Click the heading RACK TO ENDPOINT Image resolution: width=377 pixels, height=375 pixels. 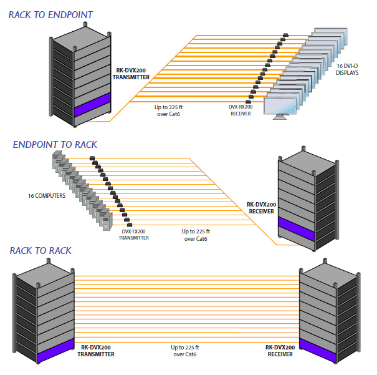coord(50,14)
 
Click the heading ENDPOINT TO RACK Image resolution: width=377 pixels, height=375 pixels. coord(55,145)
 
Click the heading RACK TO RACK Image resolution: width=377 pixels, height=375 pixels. coord(41,251)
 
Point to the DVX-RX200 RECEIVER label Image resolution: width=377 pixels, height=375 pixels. coord(240,110)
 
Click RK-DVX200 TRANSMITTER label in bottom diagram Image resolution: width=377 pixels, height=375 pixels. coord(97,350)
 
